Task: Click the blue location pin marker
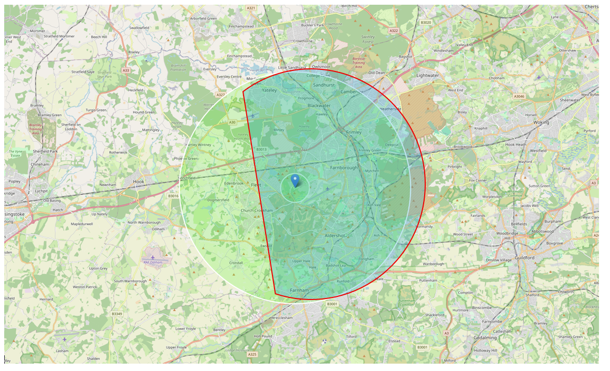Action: tap(295, 180)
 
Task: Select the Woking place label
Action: tap(541, 122)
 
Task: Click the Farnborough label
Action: tap(344, 168)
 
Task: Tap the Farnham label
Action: tap(299, 290)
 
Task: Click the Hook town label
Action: tap(139, 181)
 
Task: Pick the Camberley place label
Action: tap(352, 91)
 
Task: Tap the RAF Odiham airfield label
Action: tap(153, 262)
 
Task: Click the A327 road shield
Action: tap(220, 95)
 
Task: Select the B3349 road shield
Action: tap(117, 314)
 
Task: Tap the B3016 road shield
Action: tap(173, 196)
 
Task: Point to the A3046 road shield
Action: tap(519, 96)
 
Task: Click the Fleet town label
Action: tap(256, 185)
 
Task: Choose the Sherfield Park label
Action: tap(45, 151)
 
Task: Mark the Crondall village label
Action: tap(236, 263)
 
